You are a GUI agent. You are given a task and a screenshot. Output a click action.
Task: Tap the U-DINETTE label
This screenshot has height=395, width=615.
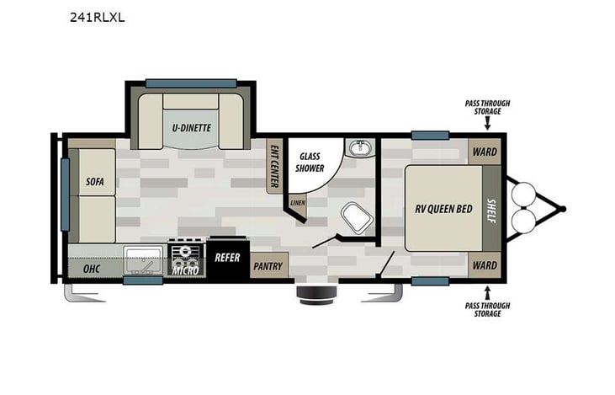pyautogui.click(x=192, y=128)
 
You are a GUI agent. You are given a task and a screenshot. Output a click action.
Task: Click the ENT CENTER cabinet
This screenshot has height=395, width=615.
pyautogui.click(x=274, y=165)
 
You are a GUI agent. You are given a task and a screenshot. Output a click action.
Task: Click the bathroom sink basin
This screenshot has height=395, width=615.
pyautogui.click(x=361, y=149)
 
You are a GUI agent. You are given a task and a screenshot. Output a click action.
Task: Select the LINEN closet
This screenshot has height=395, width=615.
pyautogui.click(x=297, y=203)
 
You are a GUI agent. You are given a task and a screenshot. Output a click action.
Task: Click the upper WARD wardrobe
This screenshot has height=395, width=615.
pyautogui.click(x=485, y=152)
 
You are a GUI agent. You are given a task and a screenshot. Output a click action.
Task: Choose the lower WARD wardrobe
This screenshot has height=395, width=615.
pyautogui.click(x=485, y=265)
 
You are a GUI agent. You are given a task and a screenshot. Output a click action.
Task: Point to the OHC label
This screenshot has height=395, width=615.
pyautogui.click(x=92, y=270)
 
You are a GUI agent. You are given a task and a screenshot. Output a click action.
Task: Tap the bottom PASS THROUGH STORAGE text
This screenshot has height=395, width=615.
pyautogui.click(x=487, y=308)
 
